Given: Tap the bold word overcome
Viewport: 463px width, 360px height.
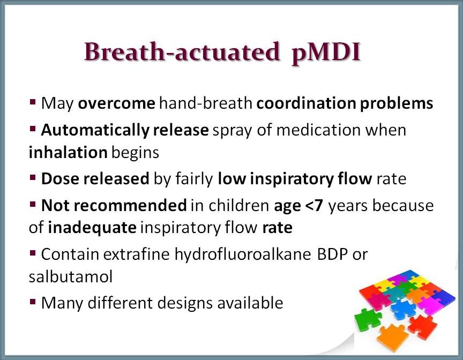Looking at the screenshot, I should click(x=116, y=103).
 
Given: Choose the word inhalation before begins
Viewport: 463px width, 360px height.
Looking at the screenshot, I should click(x=68, y=152).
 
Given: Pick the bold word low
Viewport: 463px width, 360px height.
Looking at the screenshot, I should click(x=231, y=178).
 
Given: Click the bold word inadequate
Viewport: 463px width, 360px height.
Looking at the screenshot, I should click(x=92, y=228).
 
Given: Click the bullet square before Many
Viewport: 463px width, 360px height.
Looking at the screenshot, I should click(x=33, y=302).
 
